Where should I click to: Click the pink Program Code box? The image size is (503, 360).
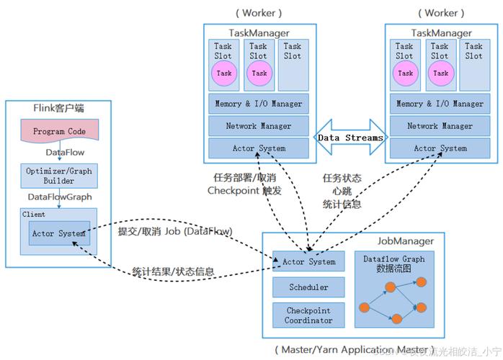tap(59, 132)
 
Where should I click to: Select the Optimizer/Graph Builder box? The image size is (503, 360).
tap(59, 175)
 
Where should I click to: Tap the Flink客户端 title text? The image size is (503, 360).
tap(59, 108)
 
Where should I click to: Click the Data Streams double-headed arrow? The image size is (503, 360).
tap(349, 137)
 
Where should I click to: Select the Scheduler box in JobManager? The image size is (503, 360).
tap(308, 287)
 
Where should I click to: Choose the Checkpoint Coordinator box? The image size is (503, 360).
tap(308, 315)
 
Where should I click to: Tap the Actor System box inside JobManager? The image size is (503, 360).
tap(308, 261)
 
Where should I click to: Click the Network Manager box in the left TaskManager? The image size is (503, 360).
tap(259, 126)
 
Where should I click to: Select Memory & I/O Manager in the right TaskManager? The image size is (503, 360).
tap(440, 104)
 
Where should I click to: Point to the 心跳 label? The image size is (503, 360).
tap(342, 191)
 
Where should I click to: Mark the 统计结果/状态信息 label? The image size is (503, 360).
tap(172, 271)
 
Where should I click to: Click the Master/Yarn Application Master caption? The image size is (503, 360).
tap(354, 349)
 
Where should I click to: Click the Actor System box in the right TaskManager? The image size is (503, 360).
tap(440, 148)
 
